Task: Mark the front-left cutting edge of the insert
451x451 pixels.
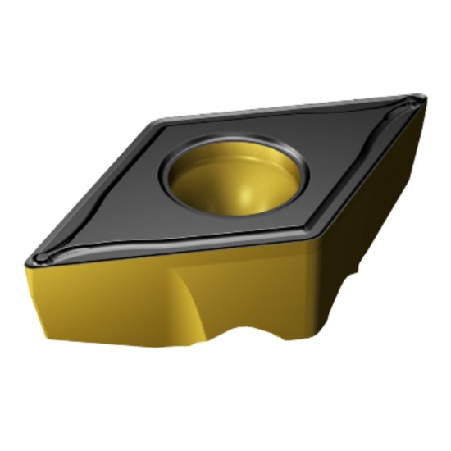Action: tap(164, 250)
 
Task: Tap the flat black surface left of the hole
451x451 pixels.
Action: tap(123, 205)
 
